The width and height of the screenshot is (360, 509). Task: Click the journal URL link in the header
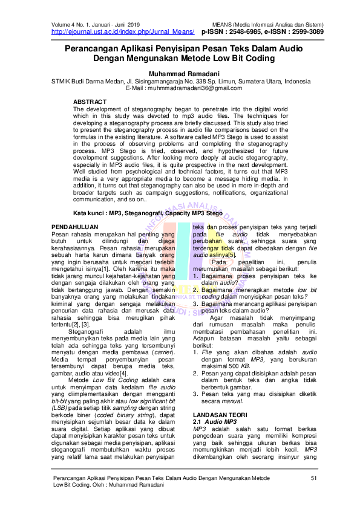121,31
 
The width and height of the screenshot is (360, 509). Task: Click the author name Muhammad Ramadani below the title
180,73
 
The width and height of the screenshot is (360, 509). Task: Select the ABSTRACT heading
90,101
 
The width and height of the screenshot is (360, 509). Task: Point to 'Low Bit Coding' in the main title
238,59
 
